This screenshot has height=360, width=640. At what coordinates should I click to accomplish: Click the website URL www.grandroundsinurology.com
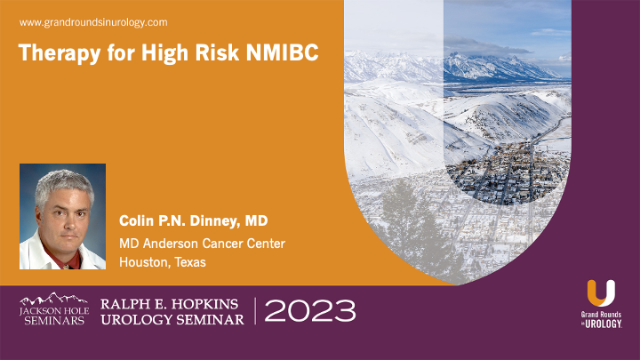pyautogui.click(x=92, y=21)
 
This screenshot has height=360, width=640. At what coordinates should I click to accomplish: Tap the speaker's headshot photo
pyautogui.click(x=62, y=216)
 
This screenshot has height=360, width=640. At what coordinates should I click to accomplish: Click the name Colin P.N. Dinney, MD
pyautogui.click(x=191, y=220)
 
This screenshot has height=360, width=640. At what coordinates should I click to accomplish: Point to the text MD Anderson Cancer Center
pyautogui.click(x=202, y=243)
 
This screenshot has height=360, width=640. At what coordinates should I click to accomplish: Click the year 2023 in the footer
pyautogui.click(x=310, y=311)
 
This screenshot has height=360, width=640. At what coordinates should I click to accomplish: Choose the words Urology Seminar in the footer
pyautogui.click(x=173, y=320)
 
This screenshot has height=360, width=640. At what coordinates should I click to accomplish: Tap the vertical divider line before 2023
pyautogui.click(x=255, y=311)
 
